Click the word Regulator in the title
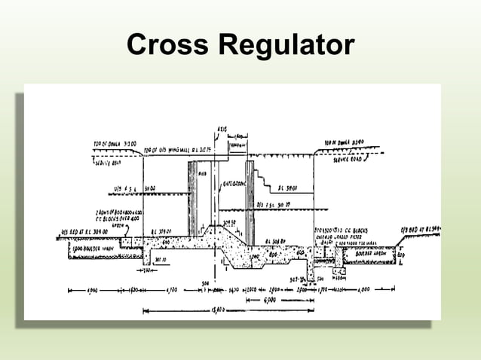click(284, 46)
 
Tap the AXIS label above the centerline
click(222, 130)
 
